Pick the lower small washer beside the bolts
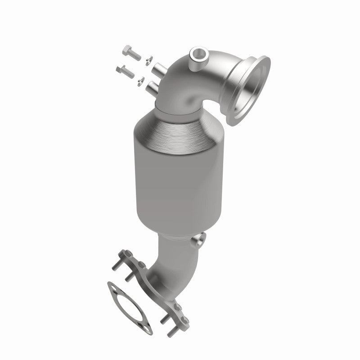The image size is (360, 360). click(x=142, y=80)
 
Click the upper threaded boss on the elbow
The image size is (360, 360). click(x=158, y=70)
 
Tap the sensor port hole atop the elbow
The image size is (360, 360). click(x=196, y=56)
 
